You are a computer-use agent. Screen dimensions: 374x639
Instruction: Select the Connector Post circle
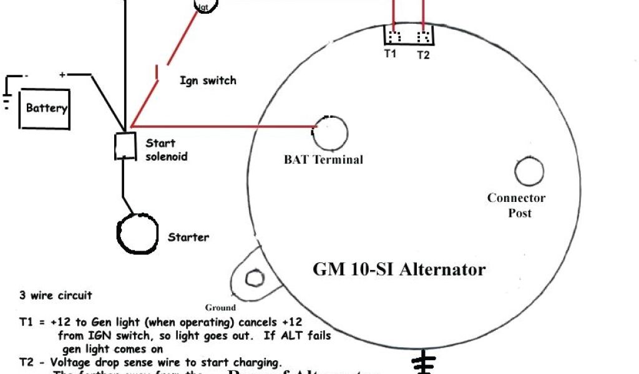click(x=529, y=171)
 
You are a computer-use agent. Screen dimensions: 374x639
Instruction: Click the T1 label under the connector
click(x=390, y=54)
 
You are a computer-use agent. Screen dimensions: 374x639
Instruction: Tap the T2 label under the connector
click(x=423, y=55)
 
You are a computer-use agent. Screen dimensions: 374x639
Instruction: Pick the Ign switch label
click(x=208, y=80)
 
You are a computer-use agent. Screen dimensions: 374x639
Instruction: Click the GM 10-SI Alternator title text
click(x=399, y=270)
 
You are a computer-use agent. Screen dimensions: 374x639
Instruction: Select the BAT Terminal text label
click(x=323, y=160)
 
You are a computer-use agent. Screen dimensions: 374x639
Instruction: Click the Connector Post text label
click(x=517, y=205)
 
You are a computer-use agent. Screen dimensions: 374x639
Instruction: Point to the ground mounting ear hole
click(x=254, y=276)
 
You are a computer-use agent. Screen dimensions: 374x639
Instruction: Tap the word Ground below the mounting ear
click(x=220, y=307)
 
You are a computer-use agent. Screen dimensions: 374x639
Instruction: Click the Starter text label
click(x=188, y=237)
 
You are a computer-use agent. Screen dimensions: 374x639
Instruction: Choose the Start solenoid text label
click(x=166, y=150)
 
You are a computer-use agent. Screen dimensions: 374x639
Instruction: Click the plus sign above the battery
click(x=62, y=75)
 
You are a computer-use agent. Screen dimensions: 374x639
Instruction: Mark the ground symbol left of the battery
click(x=6, y=100)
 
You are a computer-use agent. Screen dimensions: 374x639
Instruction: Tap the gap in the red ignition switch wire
click(x=160, y=70)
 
